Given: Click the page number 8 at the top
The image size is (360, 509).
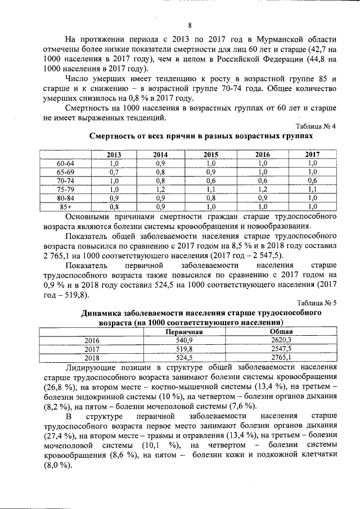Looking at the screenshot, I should coord(190,25).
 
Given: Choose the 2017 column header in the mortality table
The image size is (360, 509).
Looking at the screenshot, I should coord(312,155).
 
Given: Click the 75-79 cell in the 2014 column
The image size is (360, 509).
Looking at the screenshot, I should coord(160,189).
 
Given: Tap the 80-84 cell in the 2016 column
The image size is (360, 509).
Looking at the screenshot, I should coord(262,198).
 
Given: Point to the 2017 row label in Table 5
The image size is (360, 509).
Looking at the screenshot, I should coord(91,349).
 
